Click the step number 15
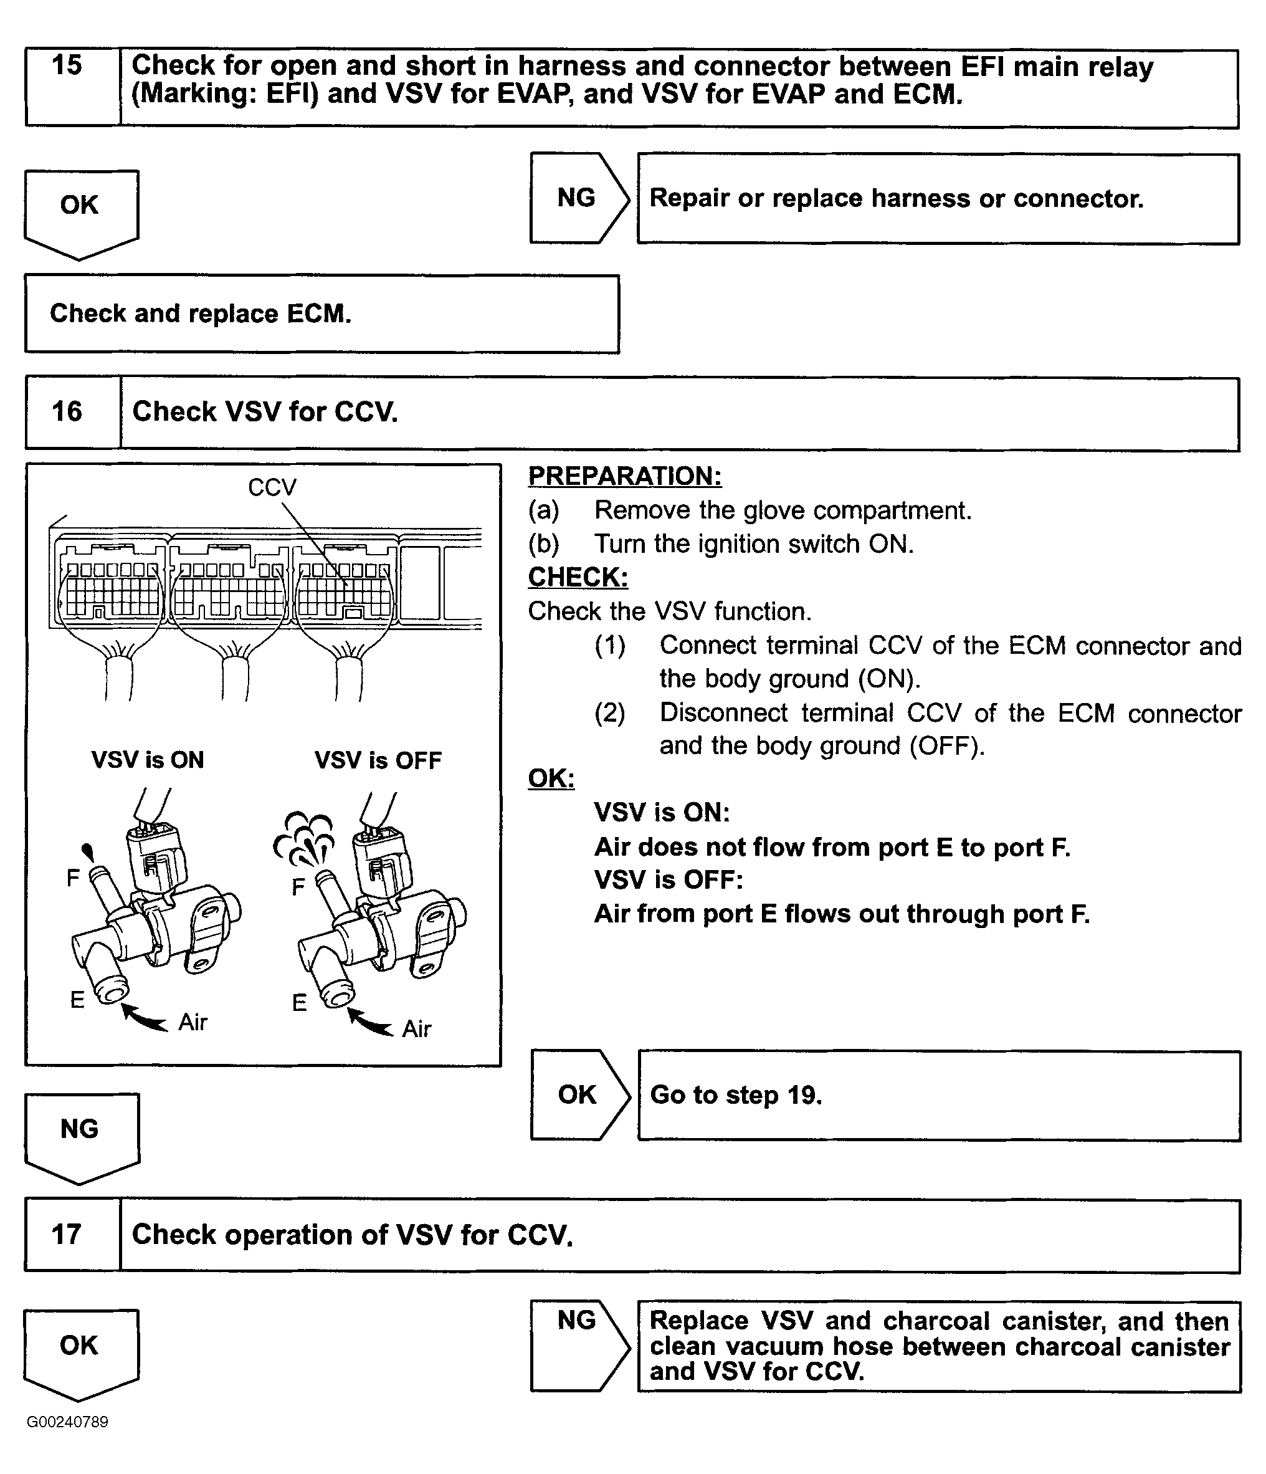coord(67,66)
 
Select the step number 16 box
coord(67,412)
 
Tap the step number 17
coord(67,1235)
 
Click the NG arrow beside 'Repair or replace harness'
coord(578,198)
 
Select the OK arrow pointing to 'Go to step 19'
coord(578,1095)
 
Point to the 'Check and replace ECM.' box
coord(321,313)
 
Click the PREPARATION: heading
coord(624,476)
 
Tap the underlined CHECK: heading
coord(578,577)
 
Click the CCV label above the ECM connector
coord(272,487)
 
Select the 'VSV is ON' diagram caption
coord(147,760)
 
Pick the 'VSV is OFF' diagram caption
coord(378,760)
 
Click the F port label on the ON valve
coord(72,879)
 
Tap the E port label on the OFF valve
coord(300,1003)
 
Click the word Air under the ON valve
coord(193,1022)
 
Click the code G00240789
coord(67,1422)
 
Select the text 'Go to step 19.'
coord(735,1095)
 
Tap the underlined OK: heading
coord(551,778)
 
